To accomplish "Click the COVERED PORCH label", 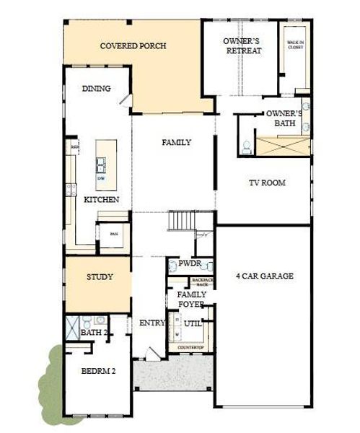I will coord(133,46).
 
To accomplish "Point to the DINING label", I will coord(96,89).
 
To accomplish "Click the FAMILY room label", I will coord(176,142).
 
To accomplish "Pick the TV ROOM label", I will coord(267,183).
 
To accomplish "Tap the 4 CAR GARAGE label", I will coord(265,276).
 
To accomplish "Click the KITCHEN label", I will coord(102,199).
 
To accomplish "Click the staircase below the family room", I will coord(182,219).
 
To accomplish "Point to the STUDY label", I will coord(100,276).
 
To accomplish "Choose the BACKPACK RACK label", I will coord(203,282).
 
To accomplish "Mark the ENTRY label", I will coord(152,323).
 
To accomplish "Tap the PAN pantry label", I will coord(113,234).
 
